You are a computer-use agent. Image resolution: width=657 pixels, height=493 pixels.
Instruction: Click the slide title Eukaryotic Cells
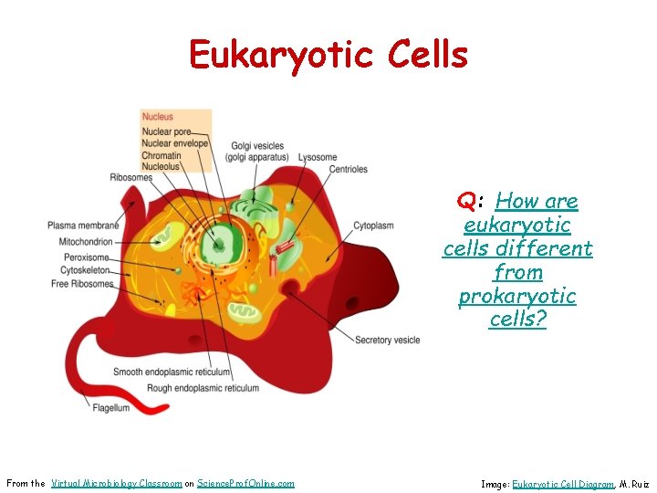328,55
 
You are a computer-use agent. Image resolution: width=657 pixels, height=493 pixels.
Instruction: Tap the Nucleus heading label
157,117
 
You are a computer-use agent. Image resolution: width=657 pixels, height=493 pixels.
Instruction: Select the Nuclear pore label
166,133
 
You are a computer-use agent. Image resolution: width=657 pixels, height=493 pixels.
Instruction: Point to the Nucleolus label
162,166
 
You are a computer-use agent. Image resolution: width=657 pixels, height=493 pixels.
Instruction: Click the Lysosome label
318,157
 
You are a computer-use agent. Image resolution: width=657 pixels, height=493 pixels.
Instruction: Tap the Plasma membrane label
83,226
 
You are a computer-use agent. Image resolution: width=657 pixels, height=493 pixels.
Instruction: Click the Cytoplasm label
373,224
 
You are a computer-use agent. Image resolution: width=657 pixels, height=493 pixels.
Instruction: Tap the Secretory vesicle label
387,340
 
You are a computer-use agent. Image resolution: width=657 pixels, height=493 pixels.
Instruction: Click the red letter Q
465,201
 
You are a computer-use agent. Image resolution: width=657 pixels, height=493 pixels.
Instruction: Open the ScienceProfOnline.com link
245,483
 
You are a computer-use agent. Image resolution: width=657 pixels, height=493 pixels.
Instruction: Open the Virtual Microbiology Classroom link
117,483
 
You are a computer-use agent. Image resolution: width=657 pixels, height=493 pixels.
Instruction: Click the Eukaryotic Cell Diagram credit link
562,484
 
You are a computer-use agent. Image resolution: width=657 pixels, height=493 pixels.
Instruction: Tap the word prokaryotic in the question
517,296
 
